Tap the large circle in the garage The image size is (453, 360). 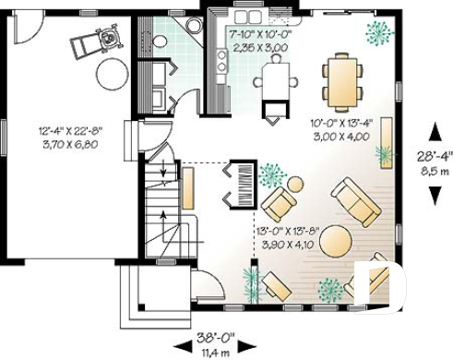(112, 72)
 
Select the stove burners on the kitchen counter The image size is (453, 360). (221, 61)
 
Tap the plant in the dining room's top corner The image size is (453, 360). (377, 33)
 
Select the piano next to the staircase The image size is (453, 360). (239, 181)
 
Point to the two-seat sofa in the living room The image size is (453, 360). (355, 202)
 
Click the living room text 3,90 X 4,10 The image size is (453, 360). (283, 246)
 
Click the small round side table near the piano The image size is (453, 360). (294, 184)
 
